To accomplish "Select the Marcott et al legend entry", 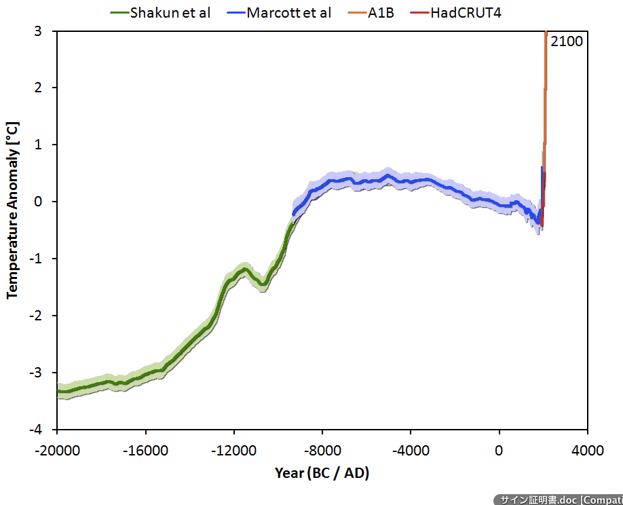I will tap(288, 12).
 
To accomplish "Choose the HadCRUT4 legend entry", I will tap(466, 12).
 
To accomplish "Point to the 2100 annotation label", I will tap(566, 41).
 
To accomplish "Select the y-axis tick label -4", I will tap(42, 430).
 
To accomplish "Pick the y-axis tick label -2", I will tap(42, 316).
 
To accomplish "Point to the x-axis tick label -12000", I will tap(234, 451).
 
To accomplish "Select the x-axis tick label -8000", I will tap(322, 451).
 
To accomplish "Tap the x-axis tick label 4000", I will tap(588, 451).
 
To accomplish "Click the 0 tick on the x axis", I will tap(499, 451).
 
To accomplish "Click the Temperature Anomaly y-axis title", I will tap(12, 210).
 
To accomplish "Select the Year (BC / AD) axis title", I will tap(322, 473).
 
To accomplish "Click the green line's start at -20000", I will tap(58, 391).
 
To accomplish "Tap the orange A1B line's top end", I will tap(546, 33).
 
